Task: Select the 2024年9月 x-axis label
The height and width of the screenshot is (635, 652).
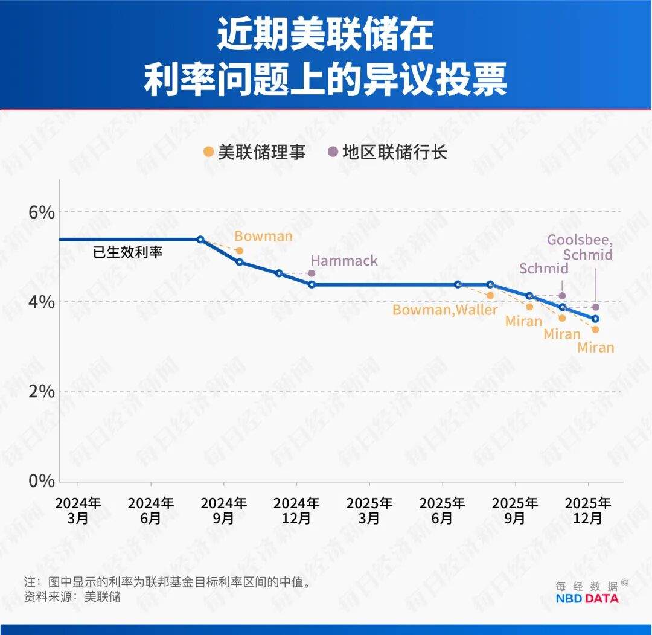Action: click(223, 510)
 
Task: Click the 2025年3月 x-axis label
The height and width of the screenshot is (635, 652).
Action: click(369, 510)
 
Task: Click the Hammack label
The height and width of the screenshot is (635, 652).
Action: click(344, 261)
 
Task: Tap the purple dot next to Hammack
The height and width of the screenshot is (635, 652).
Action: click(312, 273)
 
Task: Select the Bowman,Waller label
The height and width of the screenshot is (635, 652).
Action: click(445, 310)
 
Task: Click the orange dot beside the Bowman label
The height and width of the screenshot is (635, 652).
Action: click(240, 250)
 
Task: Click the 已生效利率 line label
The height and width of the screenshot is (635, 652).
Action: click(127, 252)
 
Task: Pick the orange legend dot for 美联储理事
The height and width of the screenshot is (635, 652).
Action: click(209, 152)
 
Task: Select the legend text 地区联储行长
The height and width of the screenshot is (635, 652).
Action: click(395, 152)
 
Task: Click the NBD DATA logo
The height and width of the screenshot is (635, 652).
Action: click(587, 598)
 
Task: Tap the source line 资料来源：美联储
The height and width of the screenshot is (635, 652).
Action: click(72, 597)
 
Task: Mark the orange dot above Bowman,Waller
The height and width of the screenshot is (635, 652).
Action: click(490, 296)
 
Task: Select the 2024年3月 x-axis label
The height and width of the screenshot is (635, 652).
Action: click(78, 510)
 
